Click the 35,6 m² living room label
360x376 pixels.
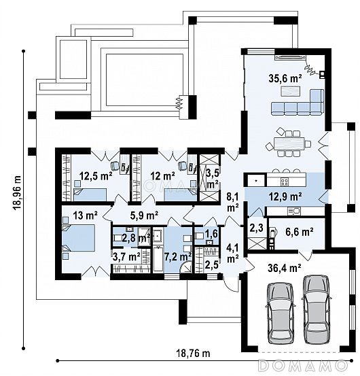coord(285,78)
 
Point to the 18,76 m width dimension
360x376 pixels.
coord(193,353)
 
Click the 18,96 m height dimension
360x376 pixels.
coord(18,193)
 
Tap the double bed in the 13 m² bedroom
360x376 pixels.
coord(79,238)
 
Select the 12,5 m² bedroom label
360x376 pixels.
coord(96,176)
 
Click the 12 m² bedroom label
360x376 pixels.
coord(162,176)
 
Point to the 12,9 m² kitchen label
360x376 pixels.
coord(285,196)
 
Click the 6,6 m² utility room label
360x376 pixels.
coord(300,232)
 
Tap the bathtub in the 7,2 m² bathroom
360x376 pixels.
coord(158,259)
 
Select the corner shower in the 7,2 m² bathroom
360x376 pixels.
coord(186,267)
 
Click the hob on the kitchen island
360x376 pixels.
coord(285,182)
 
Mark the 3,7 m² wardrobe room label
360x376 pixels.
coord(127,257)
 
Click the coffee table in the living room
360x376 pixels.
coord(290,91)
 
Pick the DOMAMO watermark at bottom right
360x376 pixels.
coord(303,365)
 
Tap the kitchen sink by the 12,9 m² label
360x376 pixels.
coord(293,211)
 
